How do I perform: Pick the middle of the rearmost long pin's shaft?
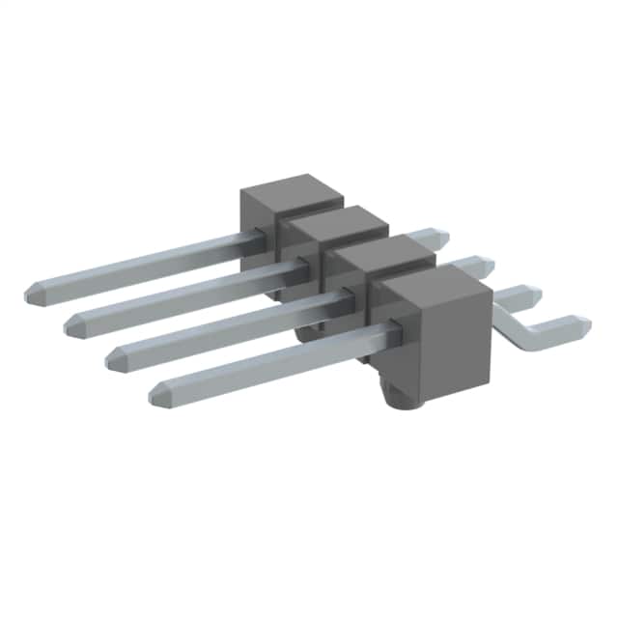point(145,261)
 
